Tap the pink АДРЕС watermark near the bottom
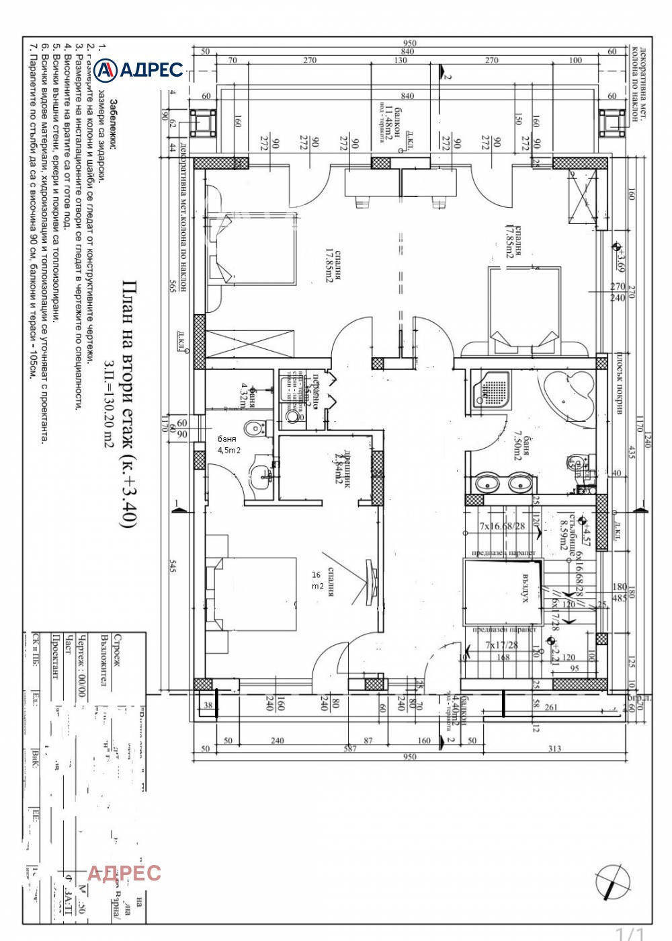(124, 873)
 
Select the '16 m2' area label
(317, 580)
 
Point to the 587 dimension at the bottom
(350, 749)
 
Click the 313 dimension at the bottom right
(554, 749)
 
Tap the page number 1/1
(630, 933)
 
